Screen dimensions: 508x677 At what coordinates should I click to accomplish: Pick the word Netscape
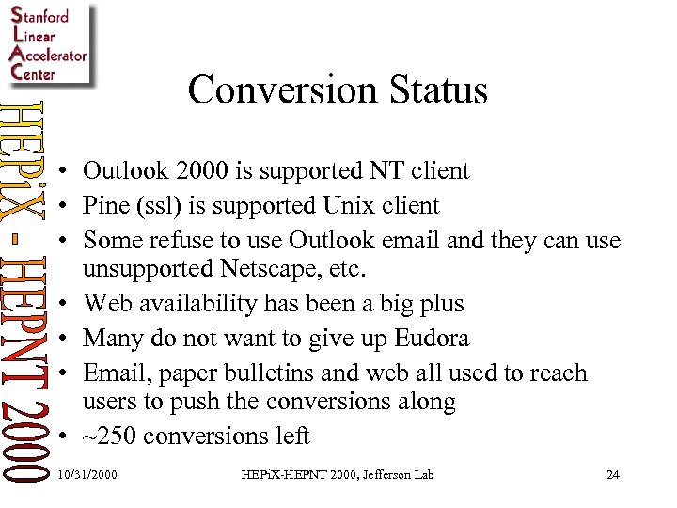coord(276,271)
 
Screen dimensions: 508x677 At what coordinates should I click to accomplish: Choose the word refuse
coord(180,240)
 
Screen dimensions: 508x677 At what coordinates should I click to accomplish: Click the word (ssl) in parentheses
coord(164,205)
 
